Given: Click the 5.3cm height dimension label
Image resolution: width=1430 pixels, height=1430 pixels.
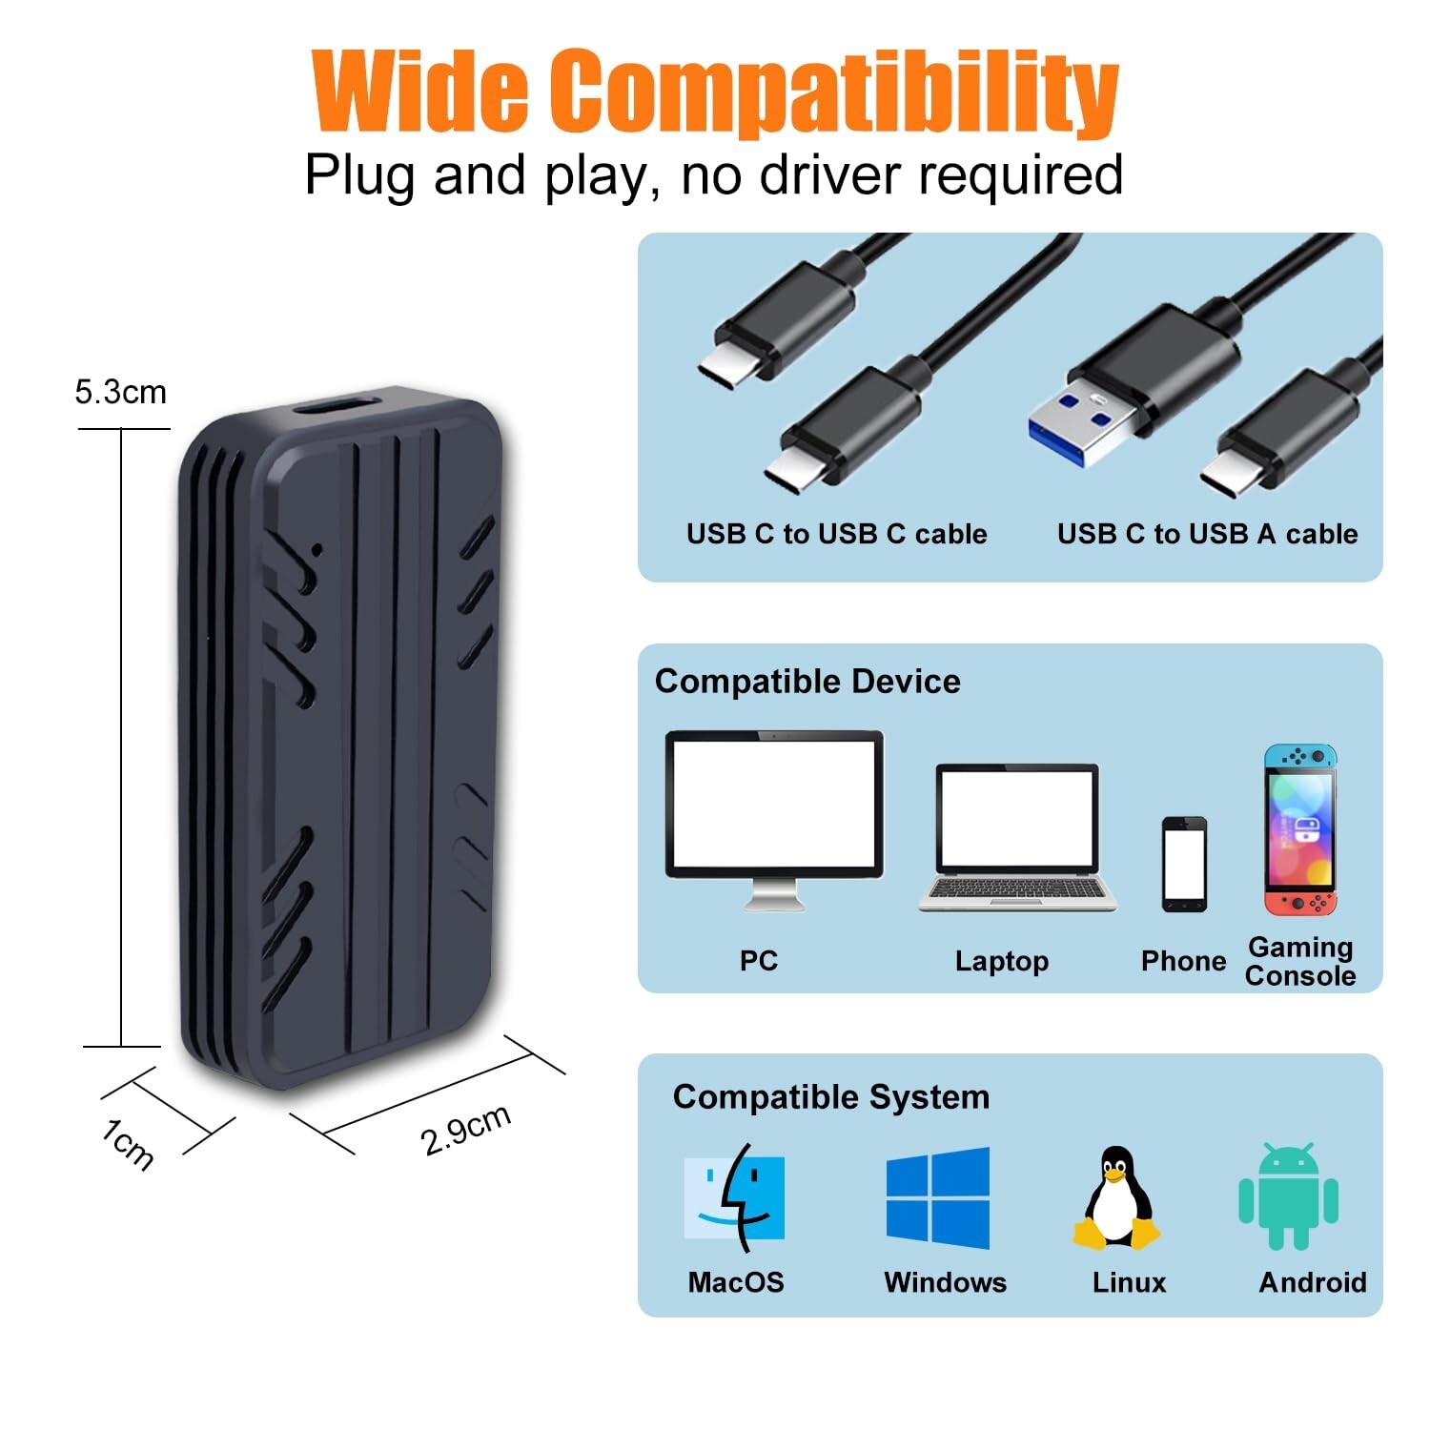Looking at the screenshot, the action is [120, 392].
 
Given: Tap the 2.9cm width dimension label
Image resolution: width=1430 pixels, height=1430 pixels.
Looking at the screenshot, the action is [465, 1129].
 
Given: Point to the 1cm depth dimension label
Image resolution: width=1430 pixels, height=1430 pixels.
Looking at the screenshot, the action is [128, 1143].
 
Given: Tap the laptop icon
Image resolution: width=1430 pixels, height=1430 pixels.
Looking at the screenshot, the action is [1017, 838].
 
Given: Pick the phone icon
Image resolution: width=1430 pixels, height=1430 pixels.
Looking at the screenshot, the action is [1184, 864].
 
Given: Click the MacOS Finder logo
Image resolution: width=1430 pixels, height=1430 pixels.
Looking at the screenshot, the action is [734, 1197].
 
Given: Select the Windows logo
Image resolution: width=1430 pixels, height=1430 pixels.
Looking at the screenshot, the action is [938, 1197].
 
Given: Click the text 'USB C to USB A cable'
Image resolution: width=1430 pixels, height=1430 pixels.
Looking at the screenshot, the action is [1207, 534].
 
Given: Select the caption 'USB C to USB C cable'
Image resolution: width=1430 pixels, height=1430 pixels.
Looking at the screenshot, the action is [836, 534].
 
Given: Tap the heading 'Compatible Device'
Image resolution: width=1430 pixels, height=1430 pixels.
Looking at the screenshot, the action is [807, 682].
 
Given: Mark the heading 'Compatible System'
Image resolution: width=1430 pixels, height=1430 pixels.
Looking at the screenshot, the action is [830, 1097].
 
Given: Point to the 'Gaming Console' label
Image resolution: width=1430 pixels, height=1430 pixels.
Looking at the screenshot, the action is [1300, 961].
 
